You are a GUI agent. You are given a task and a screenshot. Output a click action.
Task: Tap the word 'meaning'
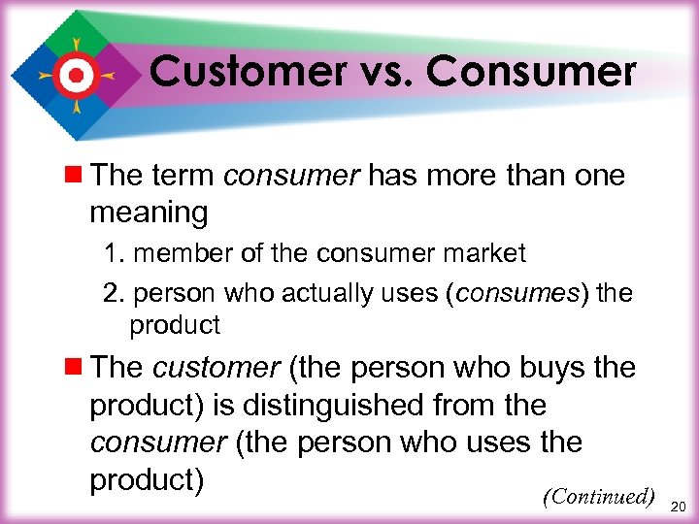coord(149,212)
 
